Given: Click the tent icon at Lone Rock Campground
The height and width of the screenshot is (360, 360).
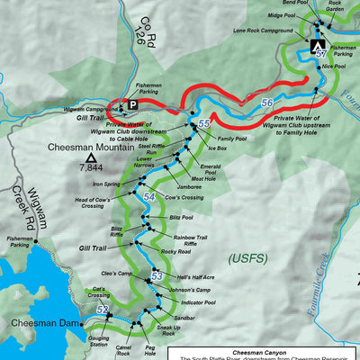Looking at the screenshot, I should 317,44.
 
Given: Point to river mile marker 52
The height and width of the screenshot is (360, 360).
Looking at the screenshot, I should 103,311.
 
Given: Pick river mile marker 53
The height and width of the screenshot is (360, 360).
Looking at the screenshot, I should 157,276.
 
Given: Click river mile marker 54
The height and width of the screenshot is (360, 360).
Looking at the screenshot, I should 148,196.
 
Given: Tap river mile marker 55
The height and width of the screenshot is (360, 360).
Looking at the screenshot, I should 204,122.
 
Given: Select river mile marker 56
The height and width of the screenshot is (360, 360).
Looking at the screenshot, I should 267,103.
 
